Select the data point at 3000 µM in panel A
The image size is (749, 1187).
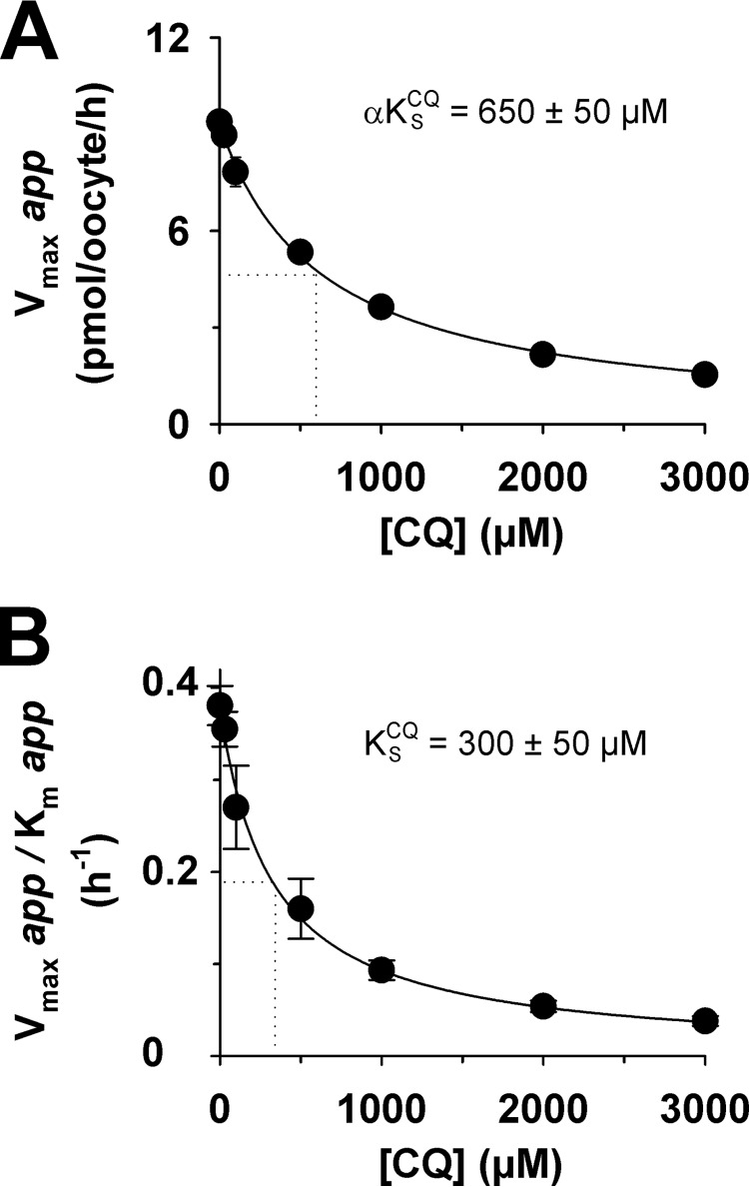[x=704, y=374]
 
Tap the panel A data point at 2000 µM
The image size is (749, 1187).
[x=542, y=354]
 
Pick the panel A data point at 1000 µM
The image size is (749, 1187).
[x=380, y=307]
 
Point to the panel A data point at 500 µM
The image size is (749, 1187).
[x=300, y=253]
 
